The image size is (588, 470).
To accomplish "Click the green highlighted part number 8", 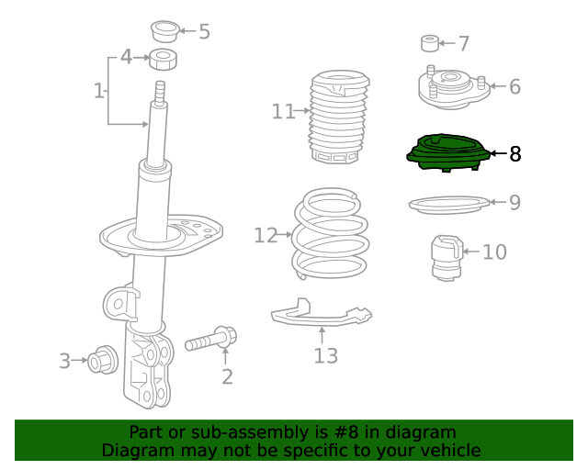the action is (x=448, y=153).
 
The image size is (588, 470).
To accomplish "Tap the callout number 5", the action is (x=204, y=31).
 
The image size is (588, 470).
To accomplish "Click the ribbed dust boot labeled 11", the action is (x=339, y=117).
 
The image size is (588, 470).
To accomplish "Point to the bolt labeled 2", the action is (x=210, y=340).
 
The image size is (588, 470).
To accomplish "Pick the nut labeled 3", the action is (x=102, y=360).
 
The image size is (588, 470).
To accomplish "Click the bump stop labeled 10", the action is (x=447, y=258).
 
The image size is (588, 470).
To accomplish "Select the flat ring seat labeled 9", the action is (x=449, y=205).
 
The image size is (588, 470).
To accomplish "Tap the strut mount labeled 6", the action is (x=454, y=88).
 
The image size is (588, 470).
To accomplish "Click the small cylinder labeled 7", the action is (x=430, y=43).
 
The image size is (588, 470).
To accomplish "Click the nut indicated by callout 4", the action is (x=164, y=60).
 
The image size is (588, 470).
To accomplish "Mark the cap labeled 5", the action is (x=165, y=31).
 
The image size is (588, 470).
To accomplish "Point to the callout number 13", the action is (x=325, y=355).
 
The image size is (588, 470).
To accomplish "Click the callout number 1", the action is (x=98, y=91).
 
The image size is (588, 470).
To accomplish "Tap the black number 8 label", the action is (x=515, y=153).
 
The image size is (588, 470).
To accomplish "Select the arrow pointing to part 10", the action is (x=471, y=252).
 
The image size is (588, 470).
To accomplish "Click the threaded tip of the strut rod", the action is (x=160, y=92).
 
